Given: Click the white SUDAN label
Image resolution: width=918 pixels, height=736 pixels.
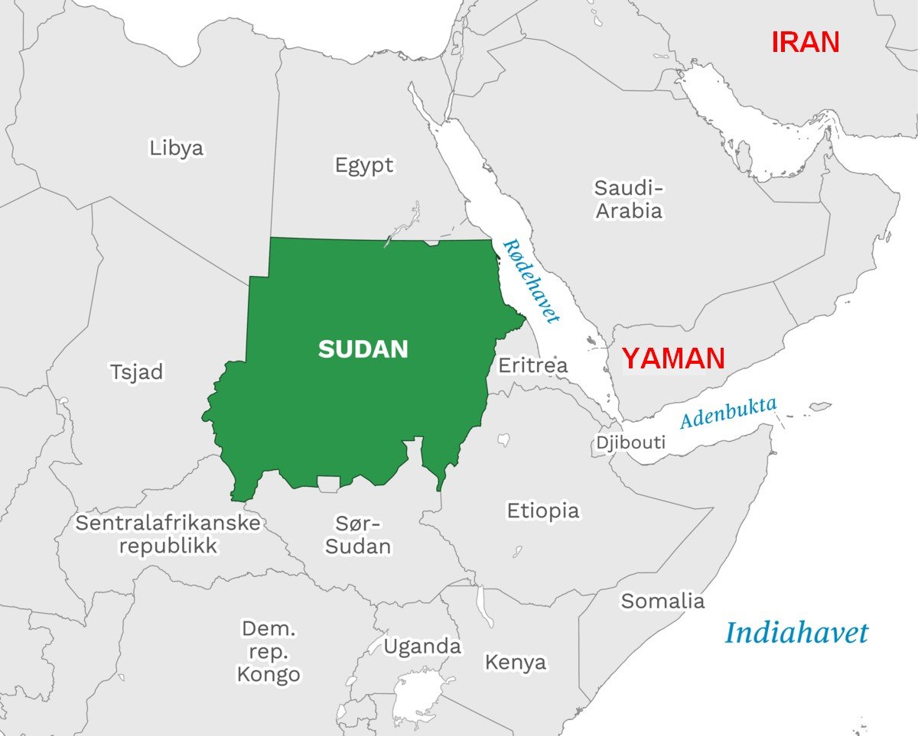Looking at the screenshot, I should tap(363, 349).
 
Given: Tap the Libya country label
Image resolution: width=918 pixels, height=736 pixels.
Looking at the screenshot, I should tap(177, 148).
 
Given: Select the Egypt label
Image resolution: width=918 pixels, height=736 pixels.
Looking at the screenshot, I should tap(364, 164).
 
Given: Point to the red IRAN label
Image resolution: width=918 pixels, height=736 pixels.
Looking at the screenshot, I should tap(805, 42).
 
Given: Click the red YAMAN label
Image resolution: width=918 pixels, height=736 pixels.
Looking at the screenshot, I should tap(672, 358).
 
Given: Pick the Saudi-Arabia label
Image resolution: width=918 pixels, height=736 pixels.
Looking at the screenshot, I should tap(629, 199).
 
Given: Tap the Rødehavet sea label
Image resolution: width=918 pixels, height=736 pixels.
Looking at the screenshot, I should tap(531, 280).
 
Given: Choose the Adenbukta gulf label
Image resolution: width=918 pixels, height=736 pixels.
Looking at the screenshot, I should tap(728, 413).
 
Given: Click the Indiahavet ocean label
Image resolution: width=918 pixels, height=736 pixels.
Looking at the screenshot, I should tap(796, 633).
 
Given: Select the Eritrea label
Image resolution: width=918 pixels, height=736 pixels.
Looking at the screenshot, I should tap(533, 365).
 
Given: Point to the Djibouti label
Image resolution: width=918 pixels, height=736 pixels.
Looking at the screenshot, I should tap(631, 442).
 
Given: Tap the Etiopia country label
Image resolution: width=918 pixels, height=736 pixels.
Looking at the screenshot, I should tap(543, 511).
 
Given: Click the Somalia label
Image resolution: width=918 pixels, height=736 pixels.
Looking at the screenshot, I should tap(662, 601).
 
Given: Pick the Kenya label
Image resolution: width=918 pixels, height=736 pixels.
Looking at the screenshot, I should tap(516, 662).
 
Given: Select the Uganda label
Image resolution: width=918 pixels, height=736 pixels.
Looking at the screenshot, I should tap(422, 647).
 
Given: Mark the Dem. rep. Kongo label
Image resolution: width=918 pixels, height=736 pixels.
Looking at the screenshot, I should tap(269, 652).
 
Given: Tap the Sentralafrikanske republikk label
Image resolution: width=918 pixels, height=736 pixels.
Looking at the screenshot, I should tap(168, 534).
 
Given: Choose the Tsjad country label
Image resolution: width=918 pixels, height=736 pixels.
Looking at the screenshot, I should tap(137, 372).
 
